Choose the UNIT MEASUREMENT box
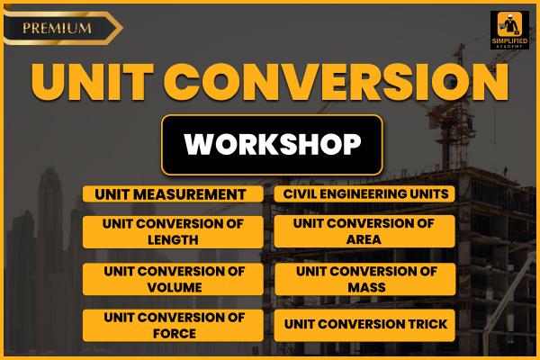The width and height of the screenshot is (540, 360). point(175,193)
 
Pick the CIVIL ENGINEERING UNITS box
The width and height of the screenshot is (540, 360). point(364,193)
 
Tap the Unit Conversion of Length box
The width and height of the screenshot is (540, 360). point(175,231)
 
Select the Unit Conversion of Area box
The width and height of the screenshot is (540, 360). point(364,231)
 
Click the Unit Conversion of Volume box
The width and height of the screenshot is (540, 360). point(175,279)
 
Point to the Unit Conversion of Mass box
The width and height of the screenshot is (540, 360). point(364,279)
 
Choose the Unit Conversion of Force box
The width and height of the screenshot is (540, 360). point(175,325)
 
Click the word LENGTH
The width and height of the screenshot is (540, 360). point(175,239)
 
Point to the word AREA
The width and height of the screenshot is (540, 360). point(364,239)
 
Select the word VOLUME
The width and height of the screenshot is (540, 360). point(175,287)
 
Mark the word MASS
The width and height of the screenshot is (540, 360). point(364,287)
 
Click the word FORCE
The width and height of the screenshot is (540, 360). point(175,333)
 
